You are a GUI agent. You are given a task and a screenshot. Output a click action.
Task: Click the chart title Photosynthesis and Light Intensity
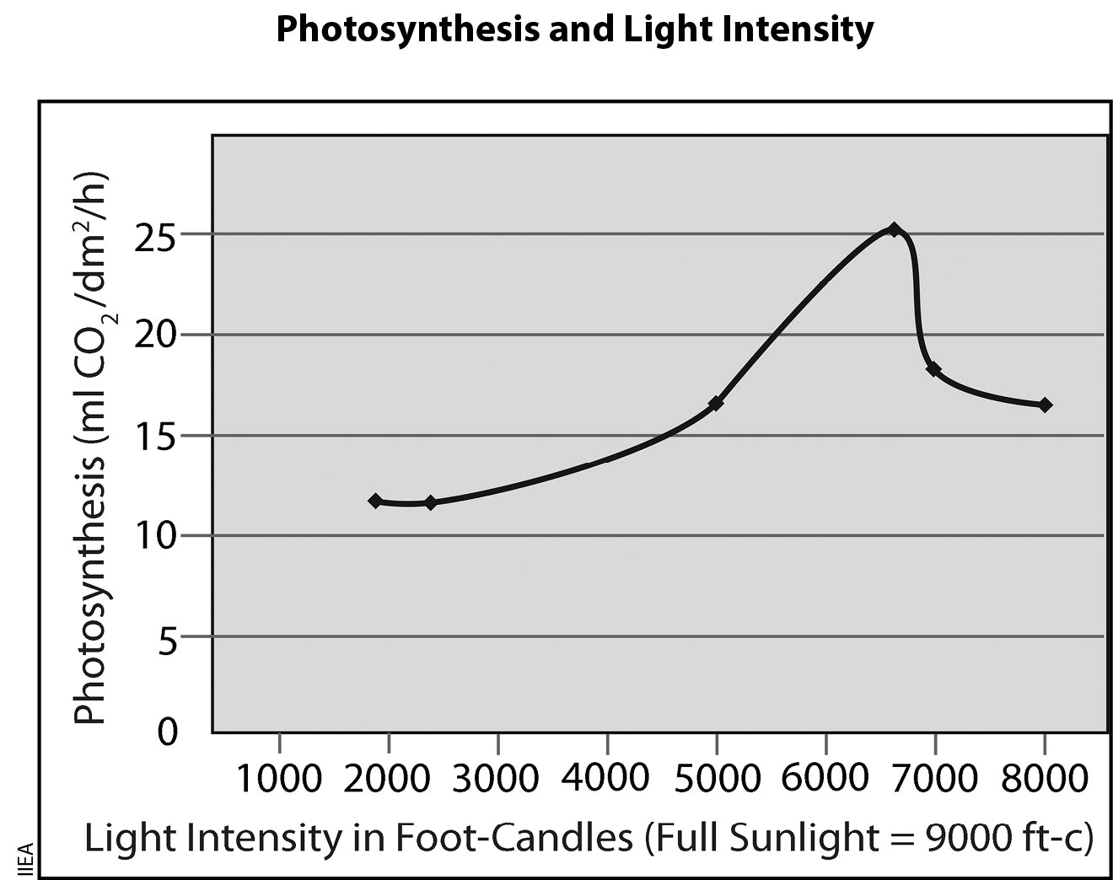[x=574, y=30]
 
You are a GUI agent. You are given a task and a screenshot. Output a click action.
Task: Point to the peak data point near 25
[x=895, y=229]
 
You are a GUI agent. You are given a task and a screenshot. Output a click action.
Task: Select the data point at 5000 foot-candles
[x=716, y=404]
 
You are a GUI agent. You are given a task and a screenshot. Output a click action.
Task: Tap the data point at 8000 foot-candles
[x=1045, y=405]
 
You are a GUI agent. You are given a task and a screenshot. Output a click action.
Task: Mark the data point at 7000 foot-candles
[x=933, y=369]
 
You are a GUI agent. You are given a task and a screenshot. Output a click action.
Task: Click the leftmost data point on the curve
[x=375, y=501]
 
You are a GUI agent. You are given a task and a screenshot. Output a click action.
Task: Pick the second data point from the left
[x=431, y=502]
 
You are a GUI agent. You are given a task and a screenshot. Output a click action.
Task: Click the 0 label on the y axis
[x=169, y=731]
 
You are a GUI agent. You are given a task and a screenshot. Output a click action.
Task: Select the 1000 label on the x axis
[x=278, y=778]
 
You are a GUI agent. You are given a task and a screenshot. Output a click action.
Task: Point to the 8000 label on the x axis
[x=1044, y=778]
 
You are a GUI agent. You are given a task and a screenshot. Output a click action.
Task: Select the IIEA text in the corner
[x=24, y=861]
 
